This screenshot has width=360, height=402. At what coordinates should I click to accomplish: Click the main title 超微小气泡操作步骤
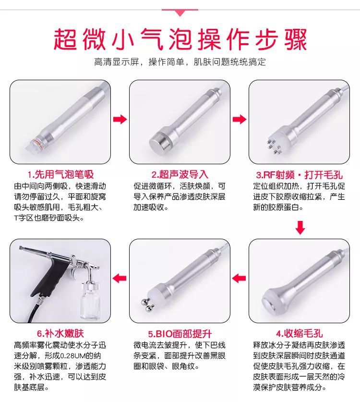click(180, 39)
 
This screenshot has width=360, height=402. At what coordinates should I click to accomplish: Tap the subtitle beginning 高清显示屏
click(180, 62)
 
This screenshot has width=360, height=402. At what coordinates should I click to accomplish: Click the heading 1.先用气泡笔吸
click(61, 175)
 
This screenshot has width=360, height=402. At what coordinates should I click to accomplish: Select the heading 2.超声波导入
click(180, 175)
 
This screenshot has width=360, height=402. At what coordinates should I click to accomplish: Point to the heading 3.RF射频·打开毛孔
click(299, 175)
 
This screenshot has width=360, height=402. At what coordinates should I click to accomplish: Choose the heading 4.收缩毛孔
click(299, 333)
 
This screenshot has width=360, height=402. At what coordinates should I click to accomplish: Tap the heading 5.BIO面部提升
click(180, 334)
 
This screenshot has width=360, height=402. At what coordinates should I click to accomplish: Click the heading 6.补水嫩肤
click(60, 333)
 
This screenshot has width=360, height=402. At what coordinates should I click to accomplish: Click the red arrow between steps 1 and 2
click(120, 119)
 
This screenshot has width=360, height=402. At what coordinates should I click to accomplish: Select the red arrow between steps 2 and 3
click(240, 119)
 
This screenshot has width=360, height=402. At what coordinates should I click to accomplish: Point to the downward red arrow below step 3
click(300, 228)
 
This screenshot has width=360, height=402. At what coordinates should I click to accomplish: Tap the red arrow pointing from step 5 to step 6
click(120, 278)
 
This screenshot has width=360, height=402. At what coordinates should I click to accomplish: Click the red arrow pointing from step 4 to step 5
click(239, 278)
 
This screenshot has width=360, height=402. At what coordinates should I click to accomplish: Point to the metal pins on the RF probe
click(274, 146)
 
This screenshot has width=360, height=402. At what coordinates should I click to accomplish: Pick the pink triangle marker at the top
click(180, 12)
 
